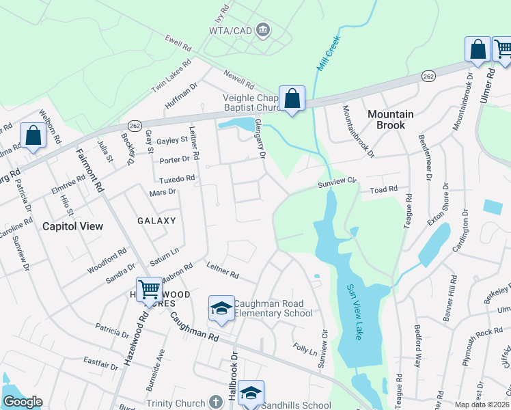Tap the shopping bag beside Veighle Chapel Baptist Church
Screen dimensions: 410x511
tap(292, 99)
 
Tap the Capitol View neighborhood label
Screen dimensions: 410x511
tap(72, 225)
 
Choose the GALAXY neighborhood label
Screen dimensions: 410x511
tap(156, 221)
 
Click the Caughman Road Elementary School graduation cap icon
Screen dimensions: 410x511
tap(221, 309)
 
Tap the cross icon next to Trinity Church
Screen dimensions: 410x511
tap(216, 402)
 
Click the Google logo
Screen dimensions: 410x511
tap(22, 402)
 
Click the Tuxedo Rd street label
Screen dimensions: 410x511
tap(177, 178)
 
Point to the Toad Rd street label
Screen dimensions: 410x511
tap(383, 189)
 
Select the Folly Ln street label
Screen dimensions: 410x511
tap(304, 351)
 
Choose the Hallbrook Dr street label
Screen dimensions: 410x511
tap(234, 374)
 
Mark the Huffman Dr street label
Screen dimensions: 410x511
tap(181, 96)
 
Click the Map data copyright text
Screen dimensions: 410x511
tap(482, 405)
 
